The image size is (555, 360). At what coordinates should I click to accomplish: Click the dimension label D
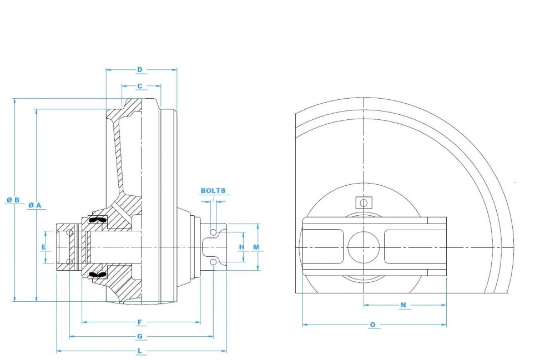tap(140, 69)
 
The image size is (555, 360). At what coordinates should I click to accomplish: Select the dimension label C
tap(140, 86)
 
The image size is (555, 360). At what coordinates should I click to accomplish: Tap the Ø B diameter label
tap(13, 199)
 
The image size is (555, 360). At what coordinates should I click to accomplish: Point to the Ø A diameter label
tap(35, 205)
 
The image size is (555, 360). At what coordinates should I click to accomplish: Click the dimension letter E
tap(44, 246)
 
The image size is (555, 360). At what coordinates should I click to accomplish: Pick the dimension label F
tap(140, 322)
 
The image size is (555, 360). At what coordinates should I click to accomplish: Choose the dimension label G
tap(140, 336)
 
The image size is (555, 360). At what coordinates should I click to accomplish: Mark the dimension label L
tap(140, 351)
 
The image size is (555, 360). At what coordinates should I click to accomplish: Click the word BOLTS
tap(213, 190)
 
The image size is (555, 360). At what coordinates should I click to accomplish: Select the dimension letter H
tap(241, 246)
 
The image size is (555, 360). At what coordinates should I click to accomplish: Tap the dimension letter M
tap(256, 246)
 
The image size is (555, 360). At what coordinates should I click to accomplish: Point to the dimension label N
tap(403, 305)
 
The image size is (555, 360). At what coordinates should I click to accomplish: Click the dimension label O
tap(372, 324)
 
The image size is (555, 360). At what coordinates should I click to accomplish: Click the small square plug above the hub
tap(364, 202)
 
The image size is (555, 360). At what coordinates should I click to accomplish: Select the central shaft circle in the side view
tap(364, 246)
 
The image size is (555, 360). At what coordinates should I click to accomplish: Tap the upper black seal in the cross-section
tap(97, 220)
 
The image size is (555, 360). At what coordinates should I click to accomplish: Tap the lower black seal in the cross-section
tap(97, 274)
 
